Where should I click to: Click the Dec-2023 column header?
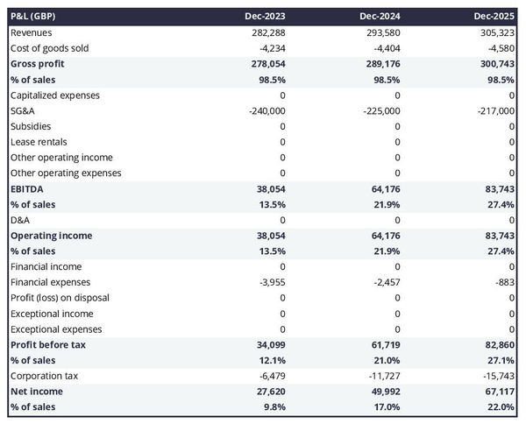click(x=267, y=17)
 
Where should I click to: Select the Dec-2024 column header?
click(x=381, y=17)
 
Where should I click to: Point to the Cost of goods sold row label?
click(x=49, y=48)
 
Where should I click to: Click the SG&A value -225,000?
click(x=380, y=110)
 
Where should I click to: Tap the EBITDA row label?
click(x=28, y=188)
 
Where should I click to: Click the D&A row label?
click(x=20, y=220)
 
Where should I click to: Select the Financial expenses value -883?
click(x=504, y=282)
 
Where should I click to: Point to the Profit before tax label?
click(x=47, y=344)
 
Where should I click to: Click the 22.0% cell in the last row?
click(x=501, y=407)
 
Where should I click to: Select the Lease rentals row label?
click(x=39, y=142)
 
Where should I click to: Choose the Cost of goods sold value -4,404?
click(x=386, y=48)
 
